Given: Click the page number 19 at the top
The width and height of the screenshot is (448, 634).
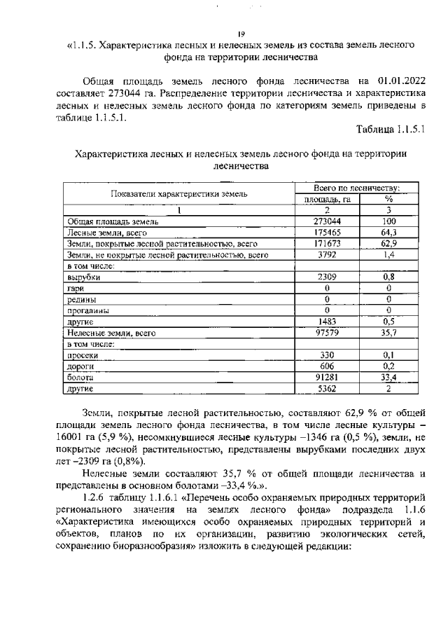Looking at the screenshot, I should [240, 33].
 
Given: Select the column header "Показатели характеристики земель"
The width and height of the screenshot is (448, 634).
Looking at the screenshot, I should [179, 193].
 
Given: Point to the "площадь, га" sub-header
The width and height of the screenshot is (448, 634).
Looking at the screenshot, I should [327, 199].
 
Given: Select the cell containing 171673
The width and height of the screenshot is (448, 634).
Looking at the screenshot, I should [327, 243].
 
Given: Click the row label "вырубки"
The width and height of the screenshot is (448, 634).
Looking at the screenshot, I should [83, 277].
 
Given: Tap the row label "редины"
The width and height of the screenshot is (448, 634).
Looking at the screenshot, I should [82, 299].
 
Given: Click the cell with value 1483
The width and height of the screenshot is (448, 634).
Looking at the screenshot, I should [327, 322].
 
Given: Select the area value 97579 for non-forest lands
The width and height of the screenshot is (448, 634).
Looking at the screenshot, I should [327, 333].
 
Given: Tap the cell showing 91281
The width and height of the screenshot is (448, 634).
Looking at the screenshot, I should [327, 377].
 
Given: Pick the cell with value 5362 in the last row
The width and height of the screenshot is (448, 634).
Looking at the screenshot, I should [327, 388].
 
